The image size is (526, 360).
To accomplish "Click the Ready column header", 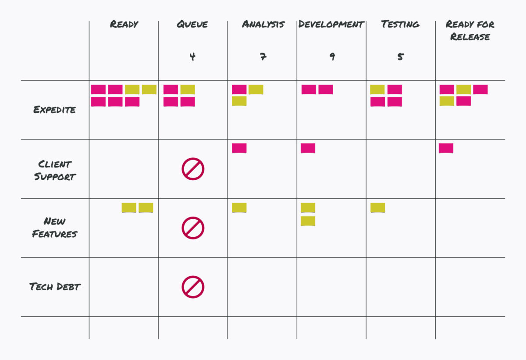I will pyautogui.click(x=124, y=24).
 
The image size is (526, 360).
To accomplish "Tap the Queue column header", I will pyautogui.click(x=192, y=24).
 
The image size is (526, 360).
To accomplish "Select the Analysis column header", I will pyautogui.click(x=263, y=24).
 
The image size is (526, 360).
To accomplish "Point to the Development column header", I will pyautogui.click(x=331, y=24).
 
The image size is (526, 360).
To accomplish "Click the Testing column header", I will pyautogui.click(x=400, y=24).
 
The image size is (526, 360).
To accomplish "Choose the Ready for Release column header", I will pyautogui.click(x=470, y=30).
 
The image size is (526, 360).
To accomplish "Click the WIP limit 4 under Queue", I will pyautogui.click(x=192, y=57).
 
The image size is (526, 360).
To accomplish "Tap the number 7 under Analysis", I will pyautogui.click(x=263, y=57).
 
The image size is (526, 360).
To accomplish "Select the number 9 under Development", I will pyautogui.click(x=332, y=57).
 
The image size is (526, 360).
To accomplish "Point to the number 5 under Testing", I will pyautogui.click(x=400, y=57).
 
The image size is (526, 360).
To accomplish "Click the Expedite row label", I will pyautogui.click(x=54, y=110).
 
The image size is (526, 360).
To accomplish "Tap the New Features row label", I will pyautogui.click(x=54, y=227).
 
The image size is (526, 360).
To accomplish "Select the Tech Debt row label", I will pyautogui.click(x=55, y=287).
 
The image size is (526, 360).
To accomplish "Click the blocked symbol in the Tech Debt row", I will pyautogui.click(x=193, y=287).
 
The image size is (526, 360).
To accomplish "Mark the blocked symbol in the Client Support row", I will pyautogui.click(x=193, y=169).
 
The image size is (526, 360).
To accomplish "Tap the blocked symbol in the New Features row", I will pyautogui.click(x=193, y=228).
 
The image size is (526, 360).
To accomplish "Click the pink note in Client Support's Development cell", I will pyautogui.click(x=308, y=148).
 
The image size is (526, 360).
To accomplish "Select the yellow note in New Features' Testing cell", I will pyautogui.click(x=377, y=207).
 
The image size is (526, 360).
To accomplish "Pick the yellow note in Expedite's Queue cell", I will pyautogui.click(x=188, y=89).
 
